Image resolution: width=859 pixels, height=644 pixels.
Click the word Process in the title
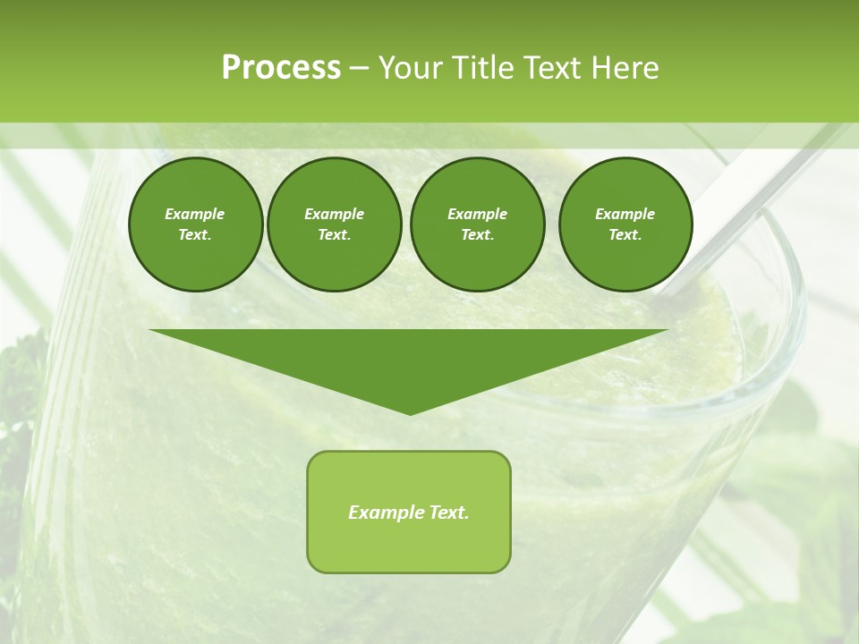coord(281,68)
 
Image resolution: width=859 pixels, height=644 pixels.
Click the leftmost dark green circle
coord(195,225)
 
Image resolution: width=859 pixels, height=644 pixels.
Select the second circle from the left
coord(334,225)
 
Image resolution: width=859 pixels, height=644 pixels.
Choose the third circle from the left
coord(477,225)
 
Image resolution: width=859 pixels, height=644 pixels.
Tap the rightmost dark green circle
coord(625,225)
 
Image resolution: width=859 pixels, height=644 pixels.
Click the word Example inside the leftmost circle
coord(194,214)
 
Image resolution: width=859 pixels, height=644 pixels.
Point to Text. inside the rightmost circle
coord(625,235)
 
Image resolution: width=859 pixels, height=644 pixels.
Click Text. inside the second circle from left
coord(334,235)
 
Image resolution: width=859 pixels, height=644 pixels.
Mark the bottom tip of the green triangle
coord(410,413)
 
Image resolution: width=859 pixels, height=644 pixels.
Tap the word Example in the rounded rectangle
coord(383,513)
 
